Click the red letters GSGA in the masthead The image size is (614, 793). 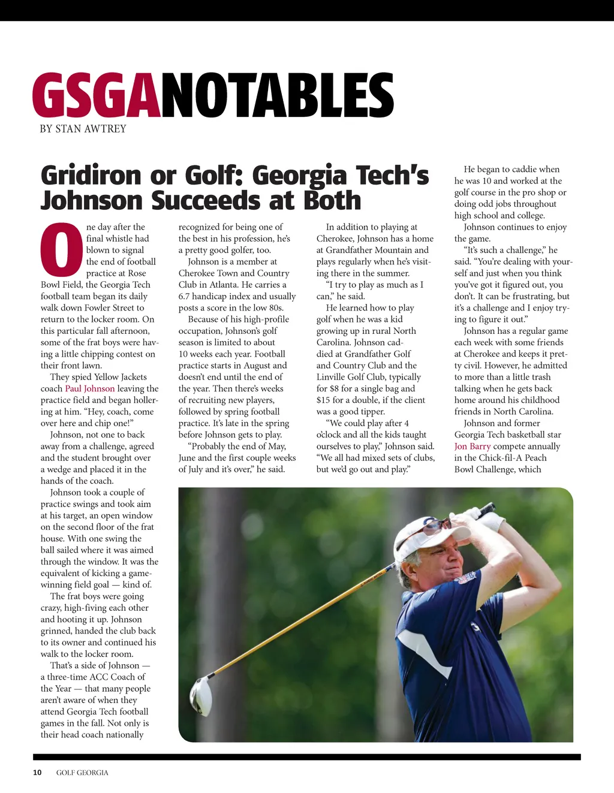97,95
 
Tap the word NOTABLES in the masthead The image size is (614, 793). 277,95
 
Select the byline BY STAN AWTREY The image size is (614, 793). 83,129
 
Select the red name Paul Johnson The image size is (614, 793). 89,388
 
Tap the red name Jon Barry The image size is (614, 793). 472,447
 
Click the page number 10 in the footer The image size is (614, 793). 37,773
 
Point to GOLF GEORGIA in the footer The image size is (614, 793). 82,773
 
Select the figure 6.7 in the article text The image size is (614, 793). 186,296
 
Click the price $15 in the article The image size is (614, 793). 323,400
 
